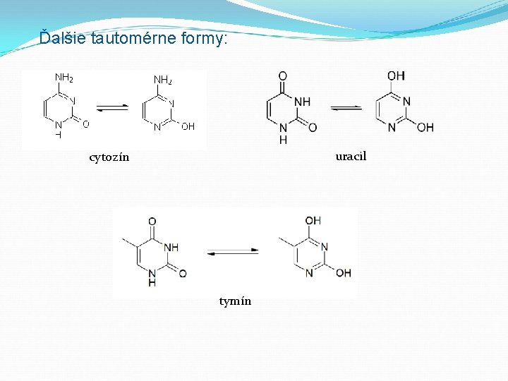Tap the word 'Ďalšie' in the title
click(63, 38)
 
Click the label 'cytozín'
click(109, 157)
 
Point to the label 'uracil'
click(351, 156)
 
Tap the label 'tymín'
click(235, 301)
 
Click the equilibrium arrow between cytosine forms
click(112, 107)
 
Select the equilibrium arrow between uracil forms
click(346, 108)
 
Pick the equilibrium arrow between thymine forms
click(233, 251)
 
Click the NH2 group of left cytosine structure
click(64, 78)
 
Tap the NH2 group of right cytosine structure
click(163, 80)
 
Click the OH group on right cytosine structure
click(188, 127)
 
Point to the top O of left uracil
click(283, 76)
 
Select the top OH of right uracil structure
click(396, 75)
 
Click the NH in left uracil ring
click(302, 102)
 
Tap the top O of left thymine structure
click(152, 222)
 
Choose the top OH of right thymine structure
click(313, 221)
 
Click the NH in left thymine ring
click(171, 247)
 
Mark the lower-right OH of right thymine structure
click(343, 273)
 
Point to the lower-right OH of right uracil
click(425, 128)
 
